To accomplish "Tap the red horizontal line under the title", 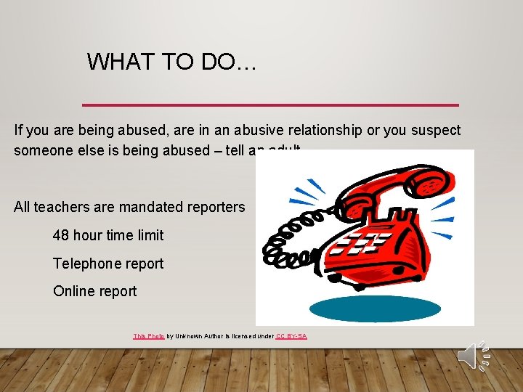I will point(270,105).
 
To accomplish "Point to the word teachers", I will point(60,207).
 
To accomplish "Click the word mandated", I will point(152,207).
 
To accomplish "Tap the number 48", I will point(61,235).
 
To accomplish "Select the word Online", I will point(73,291).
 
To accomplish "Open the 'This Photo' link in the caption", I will point(149,336).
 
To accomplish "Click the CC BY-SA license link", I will point(291,336).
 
